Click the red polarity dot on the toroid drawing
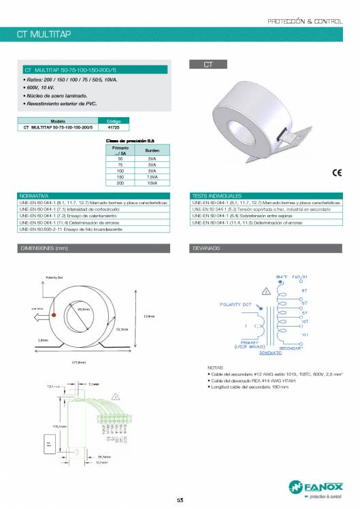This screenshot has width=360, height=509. pos(52,312)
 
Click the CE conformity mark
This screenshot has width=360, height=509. pos(336,172)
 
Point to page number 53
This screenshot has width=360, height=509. pos(180,500)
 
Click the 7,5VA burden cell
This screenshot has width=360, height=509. pos(152,178)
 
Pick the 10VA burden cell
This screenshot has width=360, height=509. pos(152,183)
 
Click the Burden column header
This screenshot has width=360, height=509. pos(152,150)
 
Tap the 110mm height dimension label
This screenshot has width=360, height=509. pos(150,315)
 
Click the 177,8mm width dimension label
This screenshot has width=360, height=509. pos(79,362)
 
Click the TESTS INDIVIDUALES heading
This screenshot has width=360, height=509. pos(217,196)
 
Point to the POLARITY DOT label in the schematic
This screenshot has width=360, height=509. pos(236,304)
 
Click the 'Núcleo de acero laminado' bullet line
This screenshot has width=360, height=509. pos(52,97)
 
